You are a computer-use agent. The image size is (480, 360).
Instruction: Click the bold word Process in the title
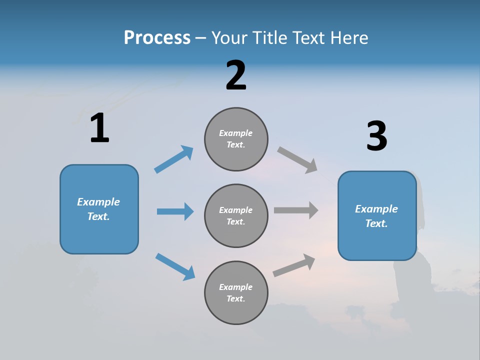(x=157, y=38)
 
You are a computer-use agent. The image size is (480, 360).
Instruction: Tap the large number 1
(x=99, y=128)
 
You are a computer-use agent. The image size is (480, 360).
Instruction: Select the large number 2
(x=236, y=75)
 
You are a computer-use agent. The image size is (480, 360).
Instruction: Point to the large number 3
(x=377, y=136)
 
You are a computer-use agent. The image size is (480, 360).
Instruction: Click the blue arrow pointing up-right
(x=173, y=159)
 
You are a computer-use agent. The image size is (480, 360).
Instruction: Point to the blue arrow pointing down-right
(x=175, y=266)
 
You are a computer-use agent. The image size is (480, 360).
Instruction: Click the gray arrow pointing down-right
(x=297, y=160)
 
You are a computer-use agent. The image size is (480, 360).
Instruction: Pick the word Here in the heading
(x=348, y=38)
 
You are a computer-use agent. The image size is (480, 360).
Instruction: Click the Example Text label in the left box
(x=99, y=209)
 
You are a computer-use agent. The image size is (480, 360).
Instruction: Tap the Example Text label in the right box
(x=377, y=216)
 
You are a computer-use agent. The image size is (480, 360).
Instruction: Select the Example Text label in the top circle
(x=236, y=139)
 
